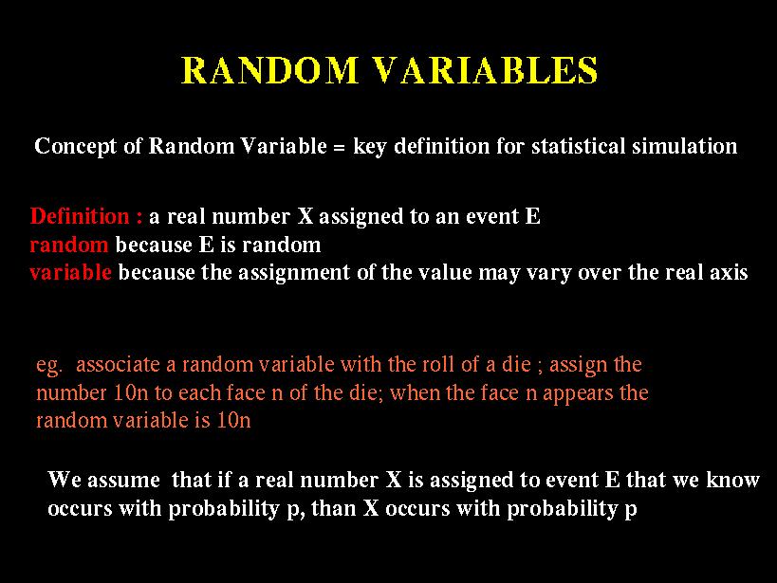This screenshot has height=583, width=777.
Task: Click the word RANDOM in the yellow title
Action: [x=270, y=70]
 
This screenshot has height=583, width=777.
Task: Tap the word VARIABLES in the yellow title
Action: [x=485, y=70]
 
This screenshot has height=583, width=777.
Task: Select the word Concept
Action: [x=76, y=147]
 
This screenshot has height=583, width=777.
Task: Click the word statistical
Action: [x=579, y=146]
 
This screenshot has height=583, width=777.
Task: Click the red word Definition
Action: [x=80, y=216]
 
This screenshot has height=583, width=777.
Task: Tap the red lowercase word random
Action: [x=69, y=245]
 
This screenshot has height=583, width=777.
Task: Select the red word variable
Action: [x=70, y=272]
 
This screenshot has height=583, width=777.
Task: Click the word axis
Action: [x=728, y=272]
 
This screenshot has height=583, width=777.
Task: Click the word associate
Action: [x=118, y=365]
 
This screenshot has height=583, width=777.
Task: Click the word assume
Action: [x=123, y=481]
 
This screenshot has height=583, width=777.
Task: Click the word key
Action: [x=369, y=147]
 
